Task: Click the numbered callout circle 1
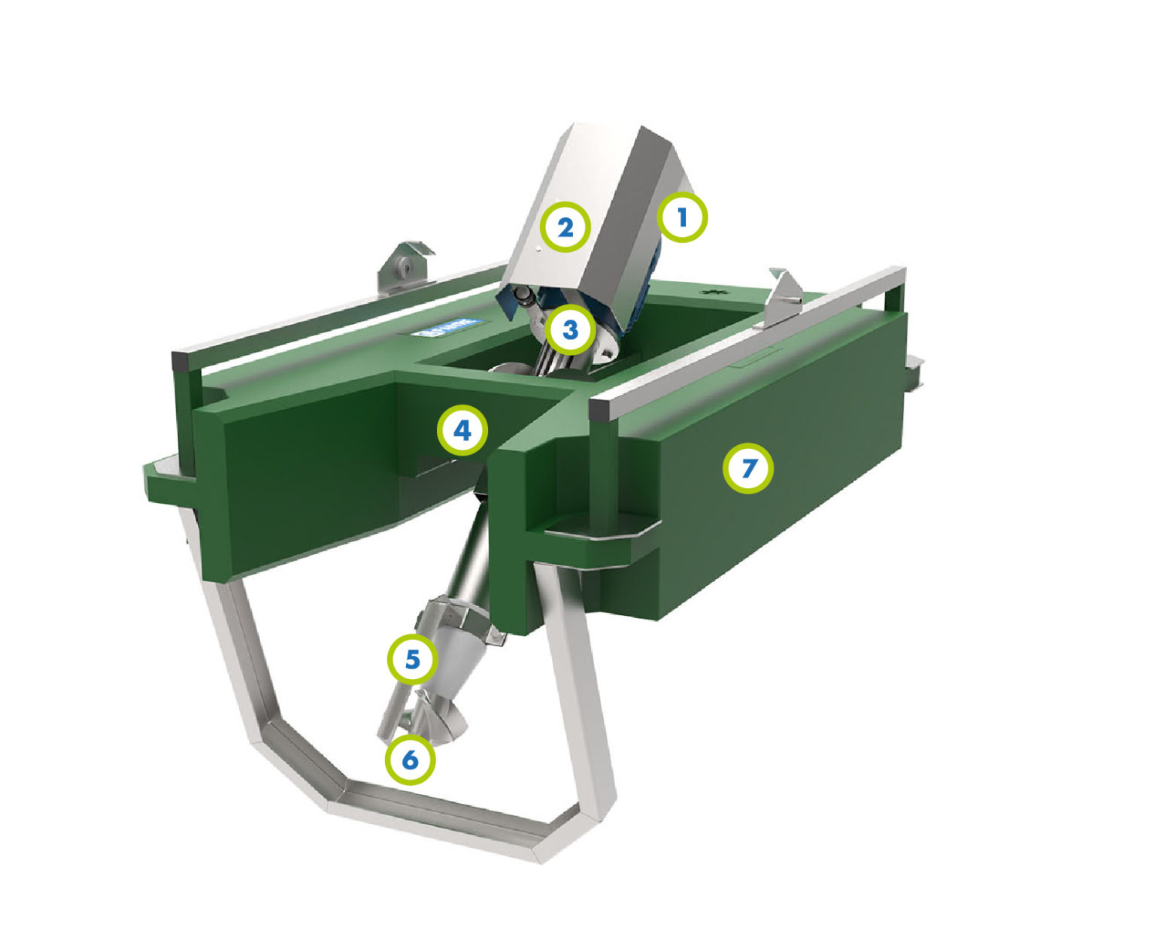click(x=682, y=218)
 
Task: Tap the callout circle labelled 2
click(x=565, y=226)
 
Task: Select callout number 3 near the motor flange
click(x=570, y=329)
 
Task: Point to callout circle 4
click(x=462, y=431)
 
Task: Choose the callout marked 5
click(x=413, y=660)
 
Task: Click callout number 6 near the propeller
click(x=410, y=760)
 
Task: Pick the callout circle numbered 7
click(x=747, y=468)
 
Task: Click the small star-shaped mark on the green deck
click(x=708, y=291)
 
